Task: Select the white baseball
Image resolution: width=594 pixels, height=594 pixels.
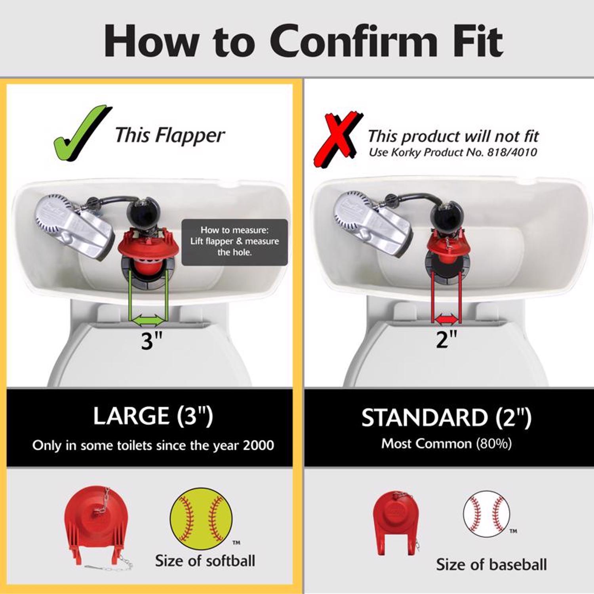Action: tap(486, 514)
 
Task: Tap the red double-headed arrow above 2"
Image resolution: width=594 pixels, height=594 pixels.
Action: tap(447, 318)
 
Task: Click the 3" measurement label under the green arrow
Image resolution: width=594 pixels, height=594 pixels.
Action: tap(152, 340)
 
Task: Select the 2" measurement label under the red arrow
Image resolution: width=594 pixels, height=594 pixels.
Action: tap(446, 339)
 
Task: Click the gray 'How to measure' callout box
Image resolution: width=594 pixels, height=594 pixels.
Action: tap(234, 242)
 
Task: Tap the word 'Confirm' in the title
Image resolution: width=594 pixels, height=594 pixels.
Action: tap(354, 41)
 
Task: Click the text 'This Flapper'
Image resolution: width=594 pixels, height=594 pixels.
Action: tap(170, 135)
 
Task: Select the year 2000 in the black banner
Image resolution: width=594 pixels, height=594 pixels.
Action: tap(258, 445)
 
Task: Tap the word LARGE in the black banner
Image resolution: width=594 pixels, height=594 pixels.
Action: tap(131, 416)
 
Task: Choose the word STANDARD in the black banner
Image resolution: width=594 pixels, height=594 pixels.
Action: tap(424, 417)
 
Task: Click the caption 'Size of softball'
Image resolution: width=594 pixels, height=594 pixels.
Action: tap(205, 561)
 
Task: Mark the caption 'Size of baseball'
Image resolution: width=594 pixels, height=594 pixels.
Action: tap(491, 564)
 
